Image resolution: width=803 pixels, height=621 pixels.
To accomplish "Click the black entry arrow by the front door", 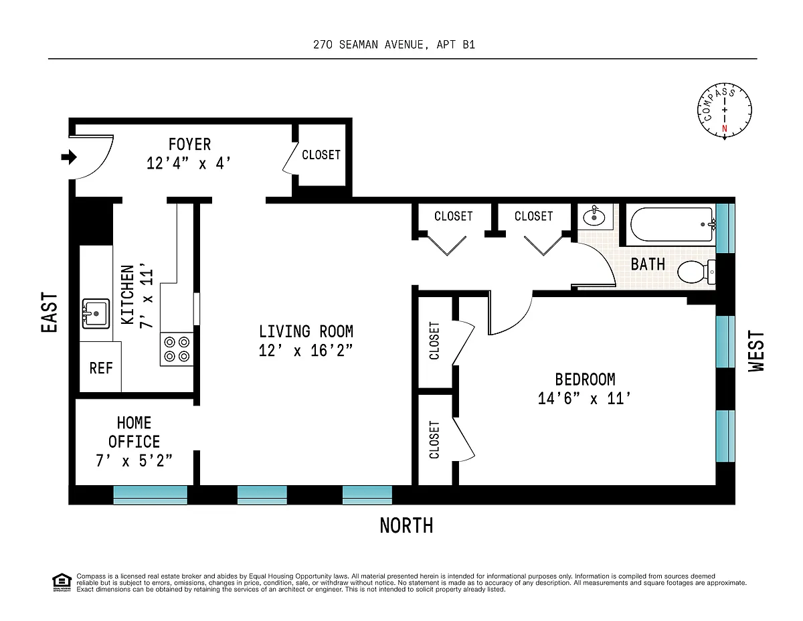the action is click(69, 157).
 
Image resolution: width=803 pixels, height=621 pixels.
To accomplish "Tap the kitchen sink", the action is click(96, 313).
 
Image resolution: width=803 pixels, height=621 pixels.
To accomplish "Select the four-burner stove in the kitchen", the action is click(177, 349).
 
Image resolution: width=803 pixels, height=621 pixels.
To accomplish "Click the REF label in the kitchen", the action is click(101, 368).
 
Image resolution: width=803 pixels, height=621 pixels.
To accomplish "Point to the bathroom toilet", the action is click(696, 272).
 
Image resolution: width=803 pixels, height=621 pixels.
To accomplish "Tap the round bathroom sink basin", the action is click(594, 217).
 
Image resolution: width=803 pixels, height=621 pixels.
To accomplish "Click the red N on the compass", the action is click(724, 128).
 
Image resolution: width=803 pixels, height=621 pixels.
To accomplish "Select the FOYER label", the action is click(189, 145).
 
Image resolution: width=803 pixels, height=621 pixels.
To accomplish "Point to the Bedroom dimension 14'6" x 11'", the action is click(584, 399).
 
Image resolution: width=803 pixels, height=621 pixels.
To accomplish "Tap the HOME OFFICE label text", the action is click(134, 432).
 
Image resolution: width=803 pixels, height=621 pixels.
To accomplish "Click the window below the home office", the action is click(150, 495).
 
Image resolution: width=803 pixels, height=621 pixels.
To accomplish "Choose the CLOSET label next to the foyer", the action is click(321, 155).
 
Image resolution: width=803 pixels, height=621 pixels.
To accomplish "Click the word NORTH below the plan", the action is click(406, 525).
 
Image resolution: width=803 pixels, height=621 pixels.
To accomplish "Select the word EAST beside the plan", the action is click(50, 313).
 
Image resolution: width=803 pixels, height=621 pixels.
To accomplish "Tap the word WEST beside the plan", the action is click(756, 351).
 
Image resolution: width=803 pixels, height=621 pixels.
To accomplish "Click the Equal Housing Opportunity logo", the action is click(62, 583).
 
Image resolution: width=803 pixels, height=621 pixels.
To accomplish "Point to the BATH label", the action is click(648, 264).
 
